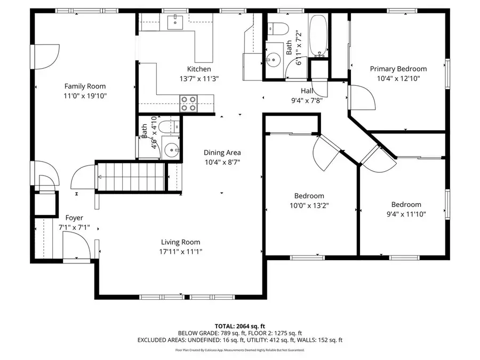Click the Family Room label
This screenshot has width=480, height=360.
pyautogui.click(x=85, y=86)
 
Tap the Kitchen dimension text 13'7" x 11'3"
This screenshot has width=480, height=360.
pyautogui.click(x=199, y=78)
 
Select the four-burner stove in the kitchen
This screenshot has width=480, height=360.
pyautogui.click(x=188, y=102)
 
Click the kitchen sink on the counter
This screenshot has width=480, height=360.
pyautogui.click(x=175, y=22)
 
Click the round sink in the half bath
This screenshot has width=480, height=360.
pyautogui.click(x=170, y=149)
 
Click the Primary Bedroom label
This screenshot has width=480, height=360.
pyautogui.click(x=398, y=69)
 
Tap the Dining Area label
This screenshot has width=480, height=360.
pyautogui.click(x=222, y=153)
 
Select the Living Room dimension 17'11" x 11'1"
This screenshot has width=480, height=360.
pyautogui.click(x=181, y=251)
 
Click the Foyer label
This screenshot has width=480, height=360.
pyautogui.click(x=74, y=218)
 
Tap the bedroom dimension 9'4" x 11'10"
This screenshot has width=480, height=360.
pyautogui.click(x=406, y=214)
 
